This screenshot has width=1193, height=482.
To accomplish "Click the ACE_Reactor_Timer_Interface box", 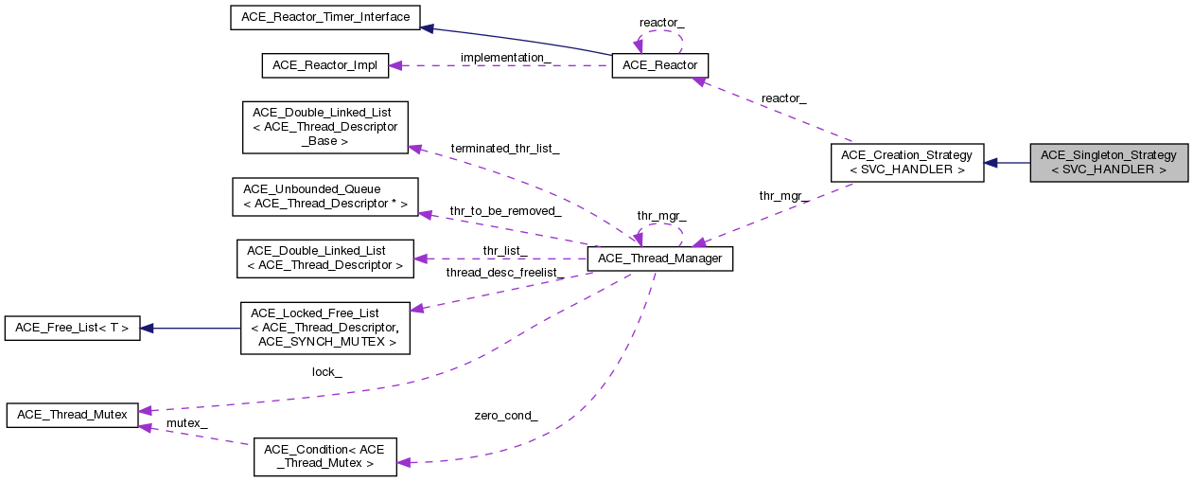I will pos(325,17).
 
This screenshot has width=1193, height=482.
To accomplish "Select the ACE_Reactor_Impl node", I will pos(325,65).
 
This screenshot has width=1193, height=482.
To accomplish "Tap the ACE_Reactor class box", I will pos(659,65).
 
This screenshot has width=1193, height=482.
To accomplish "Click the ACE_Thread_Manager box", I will pos(659,259).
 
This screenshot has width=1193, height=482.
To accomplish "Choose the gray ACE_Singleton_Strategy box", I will pos(1108,163).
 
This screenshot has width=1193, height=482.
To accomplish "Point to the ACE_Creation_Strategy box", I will pos(906,163).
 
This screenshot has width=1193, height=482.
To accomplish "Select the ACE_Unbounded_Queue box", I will pos(325,197).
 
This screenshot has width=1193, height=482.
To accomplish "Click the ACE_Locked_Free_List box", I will pos(325,329).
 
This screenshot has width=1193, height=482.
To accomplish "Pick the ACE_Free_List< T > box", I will pos(72,329).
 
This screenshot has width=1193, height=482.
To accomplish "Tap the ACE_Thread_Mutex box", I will pos(72,414).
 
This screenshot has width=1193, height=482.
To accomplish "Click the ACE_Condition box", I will pos(325,456).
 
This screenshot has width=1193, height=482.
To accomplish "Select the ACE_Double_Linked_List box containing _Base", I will pos(325,127).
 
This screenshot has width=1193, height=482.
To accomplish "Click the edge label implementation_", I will pos(505,58).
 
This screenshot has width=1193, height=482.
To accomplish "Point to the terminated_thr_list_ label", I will pos(505,149).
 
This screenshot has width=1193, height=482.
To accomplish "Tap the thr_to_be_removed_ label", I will pos(505,210).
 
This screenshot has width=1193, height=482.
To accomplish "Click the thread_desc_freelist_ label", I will pos(505,273).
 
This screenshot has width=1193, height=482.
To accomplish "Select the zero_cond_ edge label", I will pos(506,415).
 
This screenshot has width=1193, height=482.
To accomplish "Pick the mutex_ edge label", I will pos(186,422).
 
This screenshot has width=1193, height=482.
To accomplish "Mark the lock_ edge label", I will pos(326,372).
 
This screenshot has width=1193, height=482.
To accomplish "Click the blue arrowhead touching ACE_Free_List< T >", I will pos(148,329).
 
